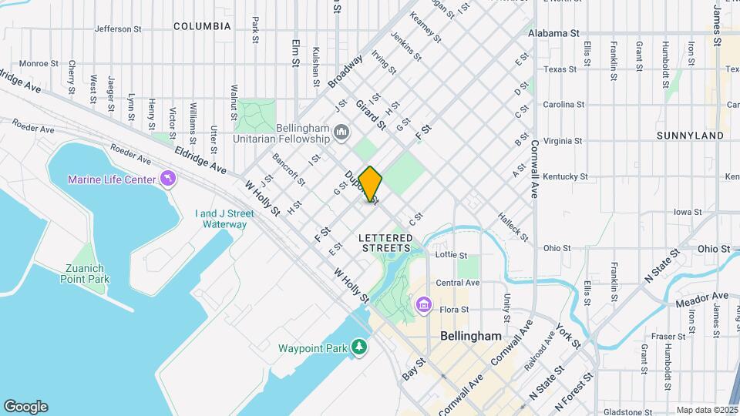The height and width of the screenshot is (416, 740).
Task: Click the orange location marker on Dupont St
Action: tap(370, 184)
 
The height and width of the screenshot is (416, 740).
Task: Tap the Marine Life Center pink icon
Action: tap(166, 179)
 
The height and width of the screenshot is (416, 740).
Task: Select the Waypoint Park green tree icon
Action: tap(359, 348)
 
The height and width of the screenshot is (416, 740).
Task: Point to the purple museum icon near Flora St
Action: tap(422, 307)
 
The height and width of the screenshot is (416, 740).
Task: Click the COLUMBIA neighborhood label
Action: tap(202, 26)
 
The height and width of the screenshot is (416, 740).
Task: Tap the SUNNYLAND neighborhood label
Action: tap(690, 136)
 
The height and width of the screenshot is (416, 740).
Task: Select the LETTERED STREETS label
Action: tap(386, 243)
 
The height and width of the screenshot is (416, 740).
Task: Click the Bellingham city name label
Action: tap(470, 337)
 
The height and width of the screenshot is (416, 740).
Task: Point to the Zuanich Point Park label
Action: tap(85, 273)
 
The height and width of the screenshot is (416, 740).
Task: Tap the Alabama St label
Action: tap(553, 34)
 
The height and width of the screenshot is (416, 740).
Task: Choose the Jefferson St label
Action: tap(118, 29)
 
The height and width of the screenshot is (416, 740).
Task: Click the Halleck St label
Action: tap(513, 227)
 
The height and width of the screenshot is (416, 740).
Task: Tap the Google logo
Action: tap(25, 407)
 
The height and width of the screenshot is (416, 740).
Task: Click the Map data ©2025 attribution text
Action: tap(707, 410)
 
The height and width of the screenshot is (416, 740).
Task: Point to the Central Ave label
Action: tap(458, 283)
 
